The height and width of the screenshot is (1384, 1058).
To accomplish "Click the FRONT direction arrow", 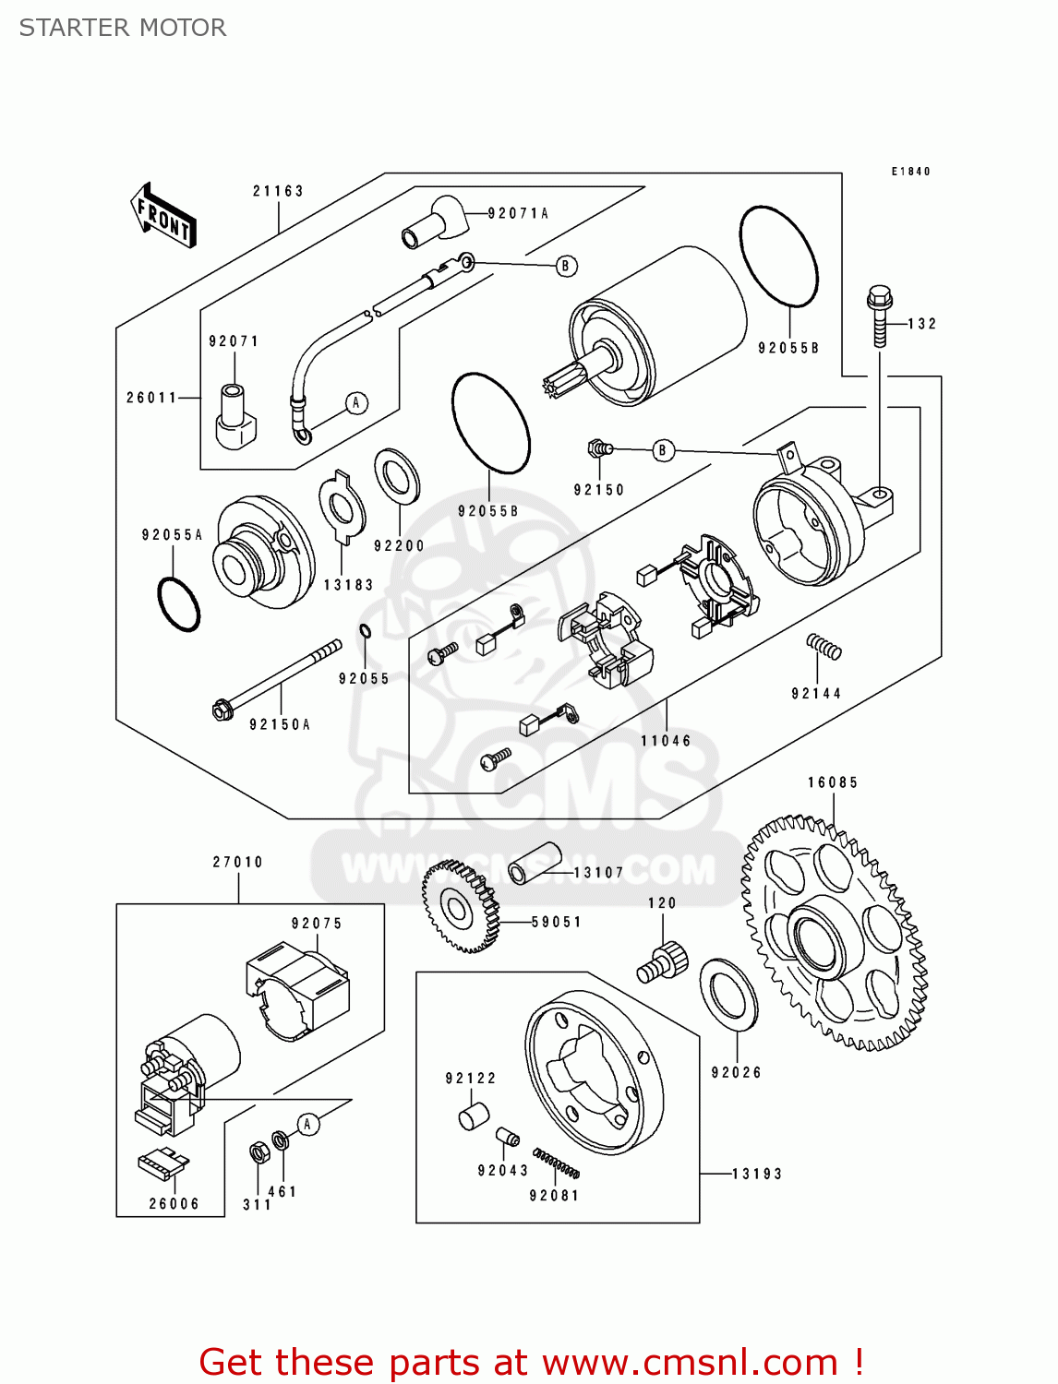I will click(x=164, y=216).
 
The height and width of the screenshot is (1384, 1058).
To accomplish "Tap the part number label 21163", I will click(x=278, y=191).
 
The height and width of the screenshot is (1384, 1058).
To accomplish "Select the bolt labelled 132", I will click(x=880, y=316).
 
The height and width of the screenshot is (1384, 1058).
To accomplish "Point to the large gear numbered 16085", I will click(x=833, y=932).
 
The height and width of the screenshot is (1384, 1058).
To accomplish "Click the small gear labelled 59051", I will click(x=460, y=907).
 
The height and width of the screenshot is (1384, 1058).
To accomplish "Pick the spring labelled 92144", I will click(x=824, y=646).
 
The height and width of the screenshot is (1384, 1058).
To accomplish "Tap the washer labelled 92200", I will click(x=397, y=477).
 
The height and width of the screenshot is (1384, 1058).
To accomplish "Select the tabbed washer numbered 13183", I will click(x=343, y=508).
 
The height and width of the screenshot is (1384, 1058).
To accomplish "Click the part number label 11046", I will click(x=666, y=741).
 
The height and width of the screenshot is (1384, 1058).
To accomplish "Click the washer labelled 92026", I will click(x=729, y=996).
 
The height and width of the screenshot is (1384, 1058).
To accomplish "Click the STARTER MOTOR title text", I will click(x=123, y=28).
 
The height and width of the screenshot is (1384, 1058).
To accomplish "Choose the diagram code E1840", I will click(x=910, y=172).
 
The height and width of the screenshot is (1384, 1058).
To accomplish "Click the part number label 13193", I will click(x=757, y=1174).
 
